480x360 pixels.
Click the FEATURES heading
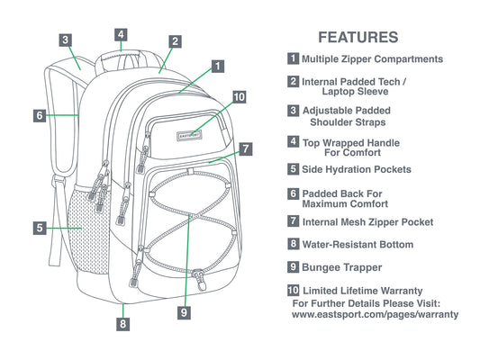coord(358,37)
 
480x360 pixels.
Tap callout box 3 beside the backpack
coord(66,40)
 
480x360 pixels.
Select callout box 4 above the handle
coord(121,34)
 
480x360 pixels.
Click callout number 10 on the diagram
coord(239,97)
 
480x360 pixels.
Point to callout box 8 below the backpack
coord(122,324)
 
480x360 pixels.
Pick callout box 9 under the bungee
coord(184,312)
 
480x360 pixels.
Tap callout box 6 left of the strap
coord(40,115)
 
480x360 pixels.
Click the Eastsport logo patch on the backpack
coord(189,136)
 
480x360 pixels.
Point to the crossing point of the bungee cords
coord(190,215)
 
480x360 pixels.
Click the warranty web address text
coord(375,314)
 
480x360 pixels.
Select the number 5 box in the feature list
coord(293,169)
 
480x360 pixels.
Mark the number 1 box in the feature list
coord(293,58)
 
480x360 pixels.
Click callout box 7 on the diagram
coord(246,149)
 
